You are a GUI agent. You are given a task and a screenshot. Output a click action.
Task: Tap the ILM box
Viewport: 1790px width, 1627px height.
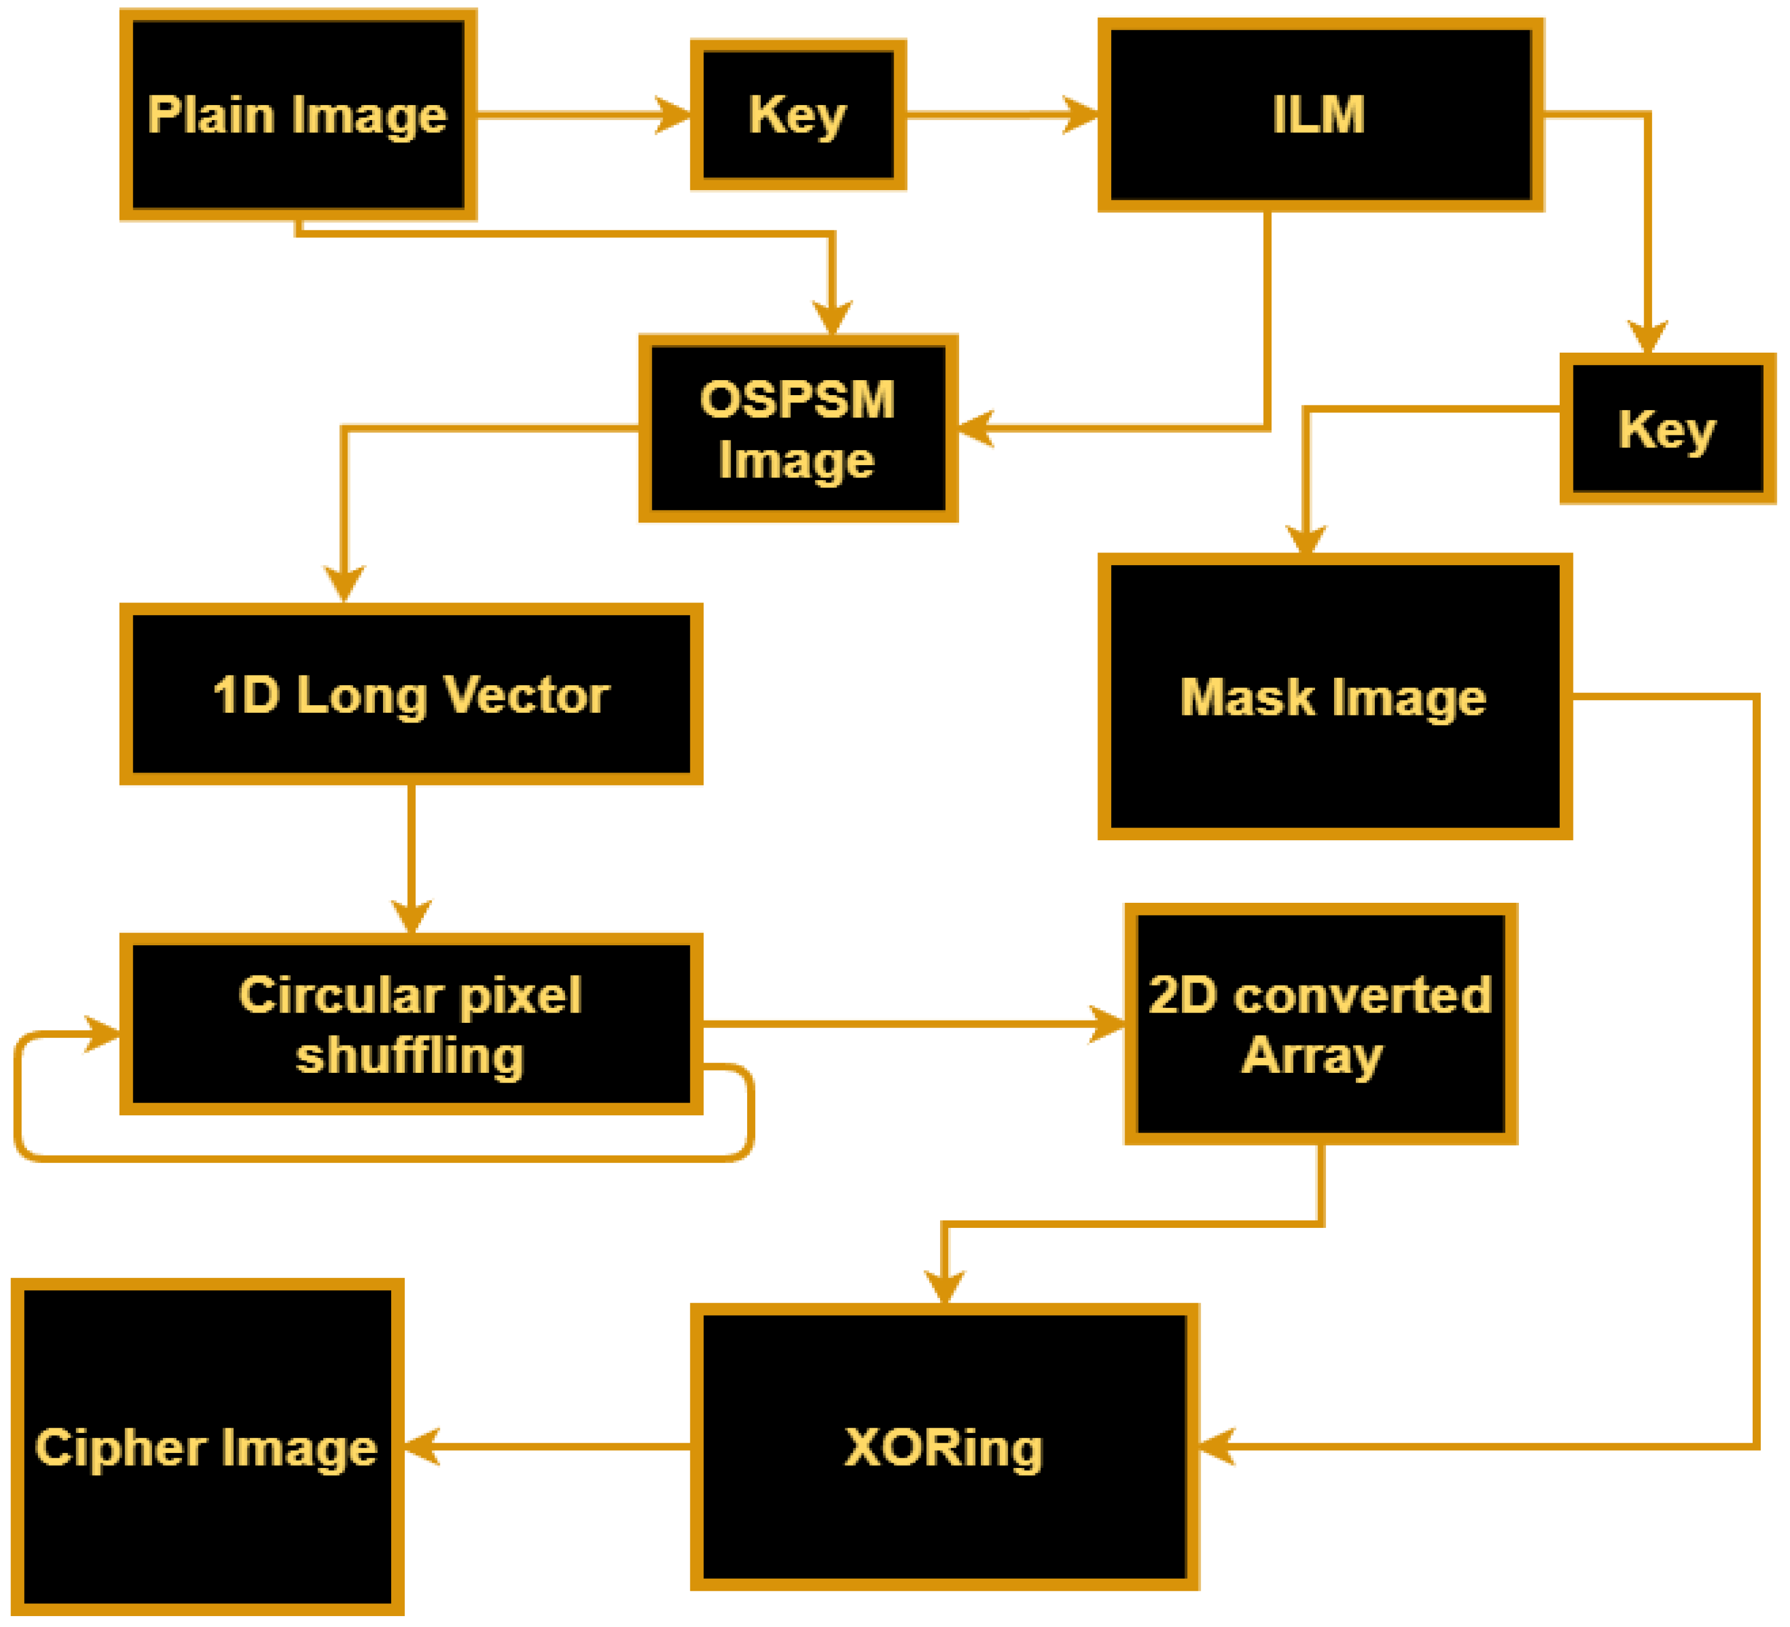1320,115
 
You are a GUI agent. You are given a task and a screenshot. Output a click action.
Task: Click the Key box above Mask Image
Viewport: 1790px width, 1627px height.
1667,429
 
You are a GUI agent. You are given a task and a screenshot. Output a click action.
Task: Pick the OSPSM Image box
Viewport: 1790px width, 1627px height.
797,429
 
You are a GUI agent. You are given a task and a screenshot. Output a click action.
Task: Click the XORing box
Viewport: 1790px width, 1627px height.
944,1448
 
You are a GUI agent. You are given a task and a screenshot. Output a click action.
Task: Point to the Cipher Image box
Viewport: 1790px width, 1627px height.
207,1448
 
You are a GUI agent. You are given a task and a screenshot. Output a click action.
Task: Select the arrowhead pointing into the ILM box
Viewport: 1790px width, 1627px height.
1081,115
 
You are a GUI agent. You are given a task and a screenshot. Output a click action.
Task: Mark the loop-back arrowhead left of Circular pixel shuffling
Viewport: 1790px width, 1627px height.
103,1034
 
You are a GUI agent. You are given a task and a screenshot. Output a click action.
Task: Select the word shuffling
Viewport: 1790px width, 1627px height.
409,1057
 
